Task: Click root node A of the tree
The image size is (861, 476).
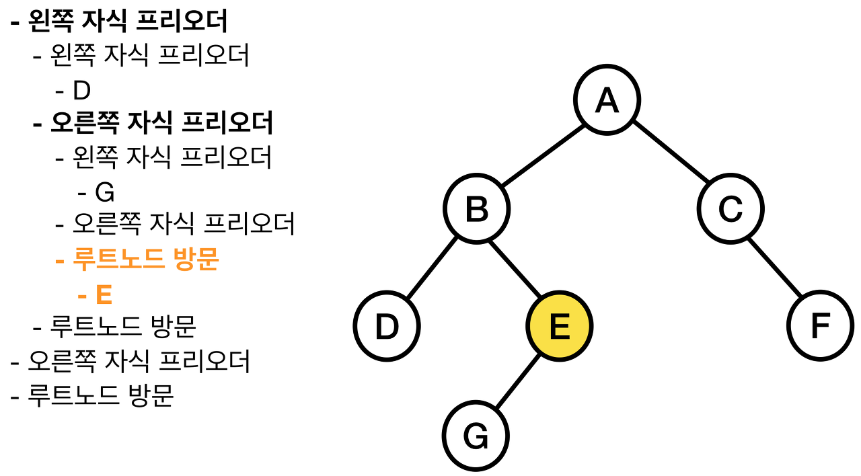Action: tap(607, 100)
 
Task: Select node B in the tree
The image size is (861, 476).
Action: tap(477, 209)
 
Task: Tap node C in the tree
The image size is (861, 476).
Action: tap(730, 209)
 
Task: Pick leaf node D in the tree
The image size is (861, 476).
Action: tap(387, 327)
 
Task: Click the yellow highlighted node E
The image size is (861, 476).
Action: tap(559, 327)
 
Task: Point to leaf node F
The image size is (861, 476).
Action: tap(820, 327)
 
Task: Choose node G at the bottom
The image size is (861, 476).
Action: tap(476, 437)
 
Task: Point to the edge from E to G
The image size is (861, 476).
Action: tap(518, 382)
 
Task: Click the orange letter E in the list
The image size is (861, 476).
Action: tap(103, 295)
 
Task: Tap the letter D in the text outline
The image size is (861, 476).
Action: tap(81, 91)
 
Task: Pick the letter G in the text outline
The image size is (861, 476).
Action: tap(104, 193)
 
